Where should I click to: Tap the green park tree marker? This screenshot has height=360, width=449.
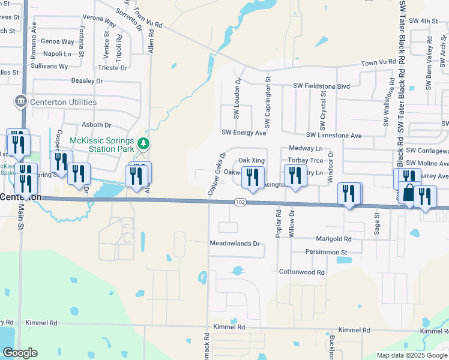point(143,143)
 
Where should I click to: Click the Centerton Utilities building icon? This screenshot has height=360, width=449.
point(21,101)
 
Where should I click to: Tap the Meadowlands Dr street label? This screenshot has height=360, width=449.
point(235,244)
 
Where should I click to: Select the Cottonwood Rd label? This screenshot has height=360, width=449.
point(302,272)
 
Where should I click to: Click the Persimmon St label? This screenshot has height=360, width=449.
point(327,252)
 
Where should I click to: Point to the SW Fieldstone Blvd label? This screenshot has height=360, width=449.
point(321,86)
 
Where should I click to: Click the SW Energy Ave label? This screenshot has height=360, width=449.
point(244,133)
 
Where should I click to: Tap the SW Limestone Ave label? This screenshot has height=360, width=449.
point(334,136)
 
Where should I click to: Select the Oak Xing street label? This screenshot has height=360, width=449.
point(252,161)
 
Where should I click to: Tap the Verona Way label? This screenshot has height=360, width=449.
point(99,20)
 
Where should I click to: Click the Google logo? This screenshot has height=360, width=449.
point(20,353)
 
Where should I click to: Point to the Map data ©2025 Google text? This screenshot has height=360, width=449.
point(412,355)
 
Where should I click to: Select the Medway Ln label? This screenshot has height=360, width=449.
point(306,148)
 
